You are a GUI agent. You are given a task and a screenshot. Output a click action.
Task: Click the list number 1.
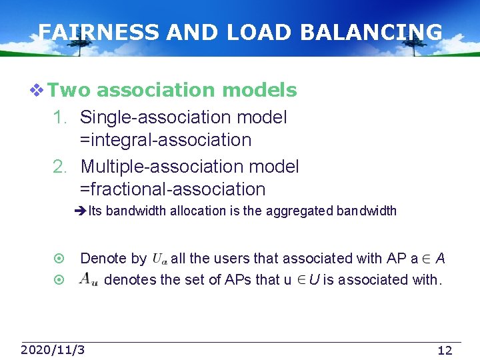click(x=60, y=118)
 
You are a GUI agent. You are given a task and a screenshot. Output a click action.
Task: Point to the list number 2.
click(x=60, y=167)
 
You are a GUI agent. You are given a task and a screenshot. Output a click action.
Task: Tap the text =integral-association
click(x=165, y=141)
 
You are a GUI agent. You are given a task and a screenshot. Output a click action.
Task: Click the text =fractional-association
click(x=173, y=190)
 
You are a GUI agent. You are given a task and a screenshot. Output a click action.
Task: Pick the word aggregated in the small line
click(x=299, y=211)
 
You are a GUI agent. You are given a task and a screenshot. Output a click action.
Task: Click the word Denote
click(x=104, y=259)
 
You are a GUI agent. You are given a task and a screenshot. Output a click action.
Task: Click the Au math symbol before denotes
click(x=89, y=279)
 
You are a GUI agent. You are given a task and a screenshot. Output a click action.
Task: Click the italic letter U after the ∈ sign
click(x=313, y=279)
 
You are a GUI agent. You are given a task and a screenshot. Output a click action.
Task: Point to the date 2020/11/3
click(x=53, y=349)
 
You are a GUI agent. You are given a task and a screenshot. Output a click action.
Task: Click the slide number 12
click(x=445, y=350)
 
